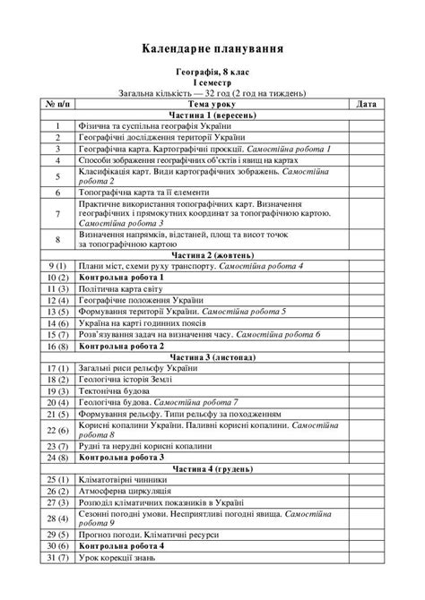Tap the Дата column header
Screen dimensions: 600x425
tap(366, 104)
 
